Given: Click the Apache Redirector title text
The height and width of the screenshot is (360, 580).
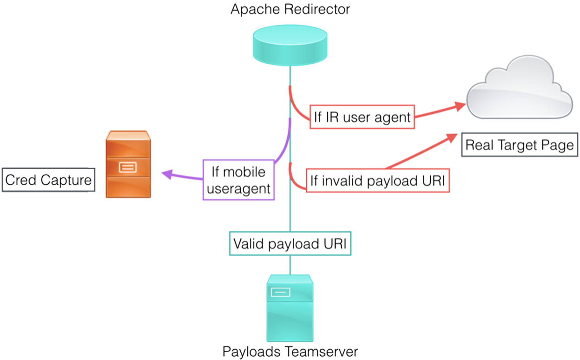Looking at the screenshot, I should tap(290, 9).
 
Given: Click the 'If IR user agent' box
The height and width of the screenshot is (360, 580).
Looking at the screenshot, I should tap(362, 117).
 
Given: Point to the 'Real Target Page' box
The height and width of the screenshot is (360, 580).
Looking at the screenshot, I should tap(520, 145).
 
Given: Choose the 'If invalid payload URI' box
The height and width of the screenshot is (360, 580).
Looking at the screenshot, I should tap(378, 181).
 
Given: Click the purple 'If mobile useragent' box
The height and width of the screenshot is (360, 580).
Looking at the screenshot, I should tap(238, 180).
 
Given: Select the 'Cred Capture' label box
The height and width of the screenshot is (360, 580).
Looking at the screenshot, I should tap(48, 180).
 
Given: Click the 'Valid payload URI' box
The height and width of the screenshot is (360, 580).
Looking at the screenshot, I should tap(290, 243).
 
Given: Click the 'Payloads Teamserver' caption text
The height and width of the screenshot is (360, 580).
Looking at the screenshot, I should tap(290, 351).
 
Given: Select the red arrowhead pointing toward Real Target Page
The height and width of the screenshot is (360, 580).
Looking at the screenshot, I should tap(452, 137).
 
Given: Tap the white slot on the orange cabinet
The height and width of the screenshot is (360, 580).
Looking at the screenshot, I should tap(127, 166).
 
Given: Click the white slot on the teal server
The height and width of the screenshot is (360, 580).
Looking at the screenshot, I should tap(280, 292).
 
